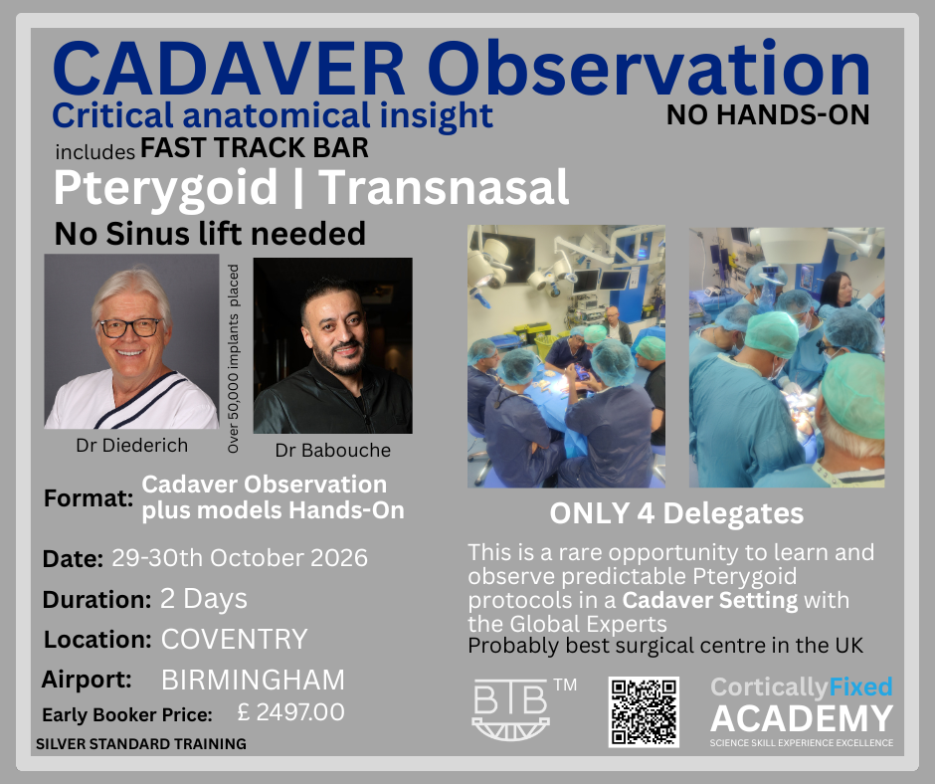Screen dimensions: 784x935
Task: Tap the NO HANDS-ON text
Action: pos(768,115)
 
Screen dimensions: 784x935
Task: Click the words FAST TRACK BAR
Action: pos(255,149)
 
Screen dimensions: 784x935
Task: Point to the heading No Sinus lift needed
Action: pos(210,234)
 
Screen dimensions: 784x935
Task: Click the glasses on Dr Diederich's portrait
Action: pos(129,327)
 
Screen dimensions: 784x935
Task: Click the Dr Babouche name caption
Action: pos(333,450)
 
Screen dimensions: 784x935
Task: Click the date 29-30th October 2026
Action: pos(239,557)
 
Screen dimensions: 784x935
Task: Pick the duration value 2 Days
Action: pos(203,599)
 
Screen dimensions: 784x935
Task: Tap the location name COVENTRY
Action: pos(234,639)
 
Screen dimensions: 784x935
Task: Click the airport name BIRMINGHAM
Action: pos(253,681)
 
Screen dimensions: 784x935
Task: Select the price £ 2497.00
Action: pos(290,713)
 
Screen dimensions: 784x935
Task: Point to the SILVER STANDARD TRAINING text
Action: pos(140,743)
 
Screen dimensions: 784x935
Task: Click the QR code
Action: pos(644,711)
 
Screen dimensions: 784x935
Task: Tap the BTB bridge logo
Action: pos(511,709)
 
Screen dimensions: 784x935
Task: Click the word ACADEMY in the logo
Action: pos(801,717)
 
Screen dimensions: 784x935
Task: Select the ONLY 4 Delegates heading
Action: pos(676,514)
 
